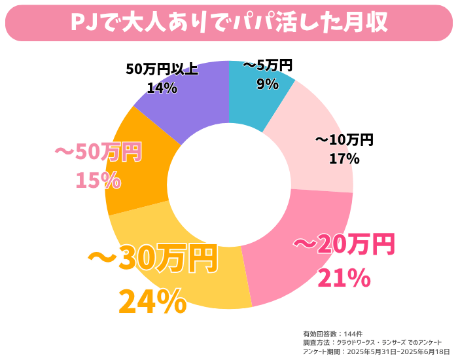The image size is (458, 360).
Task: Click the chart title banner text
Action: pos(229,22)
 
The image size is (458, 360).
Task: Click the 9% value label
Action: pos(267,84)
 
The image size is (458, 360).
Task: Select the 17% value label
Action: pos(344,158)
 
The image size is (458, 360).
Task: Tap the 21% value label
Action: pos(344,278)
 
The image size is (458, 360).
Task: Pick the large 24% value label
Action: pos(152,302)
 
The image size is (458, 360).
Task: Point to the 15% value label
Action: pos(98,180)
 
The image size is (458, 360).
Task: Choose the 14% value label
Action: pos(162,87)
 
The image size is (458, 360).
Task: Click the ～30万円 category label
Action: pos(152,261)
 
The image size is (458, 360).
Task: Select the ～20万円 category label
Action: pos(344,245)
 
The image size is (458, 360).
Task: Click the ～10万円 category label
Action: pos(344,139)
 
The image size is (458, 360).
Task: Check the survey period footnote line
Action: pos(373,351)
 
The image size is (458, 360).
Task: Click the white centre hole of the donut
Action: pos(229,183)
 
